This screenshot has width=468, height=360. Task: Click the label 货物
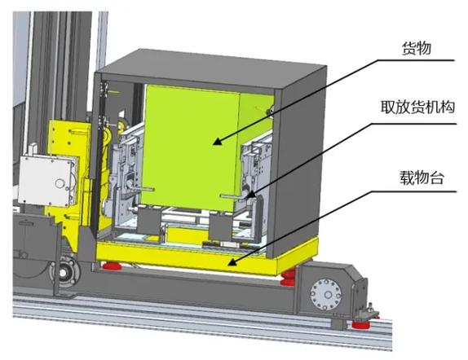coord(417,48)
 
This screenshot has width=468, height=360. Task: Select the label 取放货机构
coord(417,107)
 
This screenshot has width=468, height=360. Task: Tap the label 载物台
coord(422,178)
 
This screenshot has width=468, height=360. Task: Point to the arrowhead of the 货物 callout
coord(219,141)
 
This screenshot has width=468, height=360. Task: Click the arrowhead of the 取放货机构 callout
coord(251,195)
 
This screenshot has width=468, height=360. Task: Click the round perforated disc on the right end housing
coord(326,294)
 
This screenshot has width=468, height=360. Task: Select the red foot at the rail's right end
coord(360,323)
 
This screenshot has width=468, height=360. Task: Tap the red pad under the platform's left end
coord(112,266)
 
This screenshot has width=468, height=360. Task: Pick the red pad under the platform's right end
coord(289,278)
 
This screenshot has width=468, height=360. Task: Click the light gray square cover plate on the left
coord(48,181)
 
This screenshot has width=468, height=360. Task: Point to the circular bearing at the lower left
coord(64,272)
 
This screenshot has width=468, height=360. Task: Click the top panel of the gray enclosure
coord(211,68)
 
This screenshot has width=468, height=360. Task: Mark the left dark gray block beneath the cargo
coord(149,220)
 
